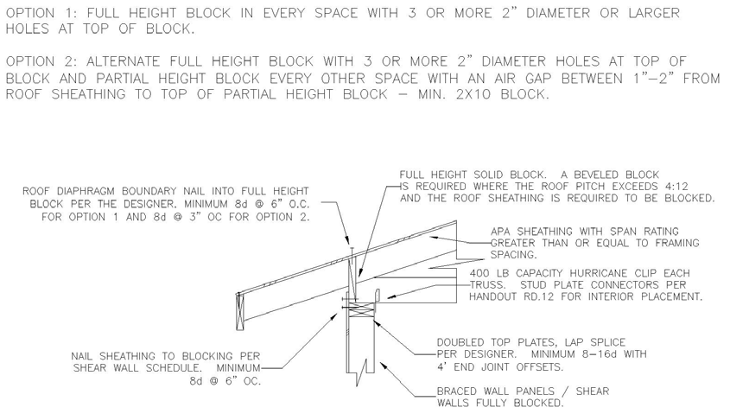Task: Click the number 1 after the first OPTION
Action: point(75,13)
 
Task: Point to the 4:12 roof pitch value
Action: point(675,187)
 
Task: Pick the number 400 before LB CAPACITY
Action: point(479,273)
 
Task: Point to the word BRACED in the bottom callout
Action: point(457,391)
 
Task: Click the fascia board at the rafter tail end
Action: point(240,311)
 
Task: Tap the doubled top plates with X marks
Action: point(362,310)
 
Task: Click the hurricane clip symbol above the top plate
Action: point(378,296)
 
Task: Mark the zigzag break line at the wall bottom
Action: point(361,372)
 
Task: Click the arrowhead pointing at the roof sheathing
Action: point(434,238)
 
